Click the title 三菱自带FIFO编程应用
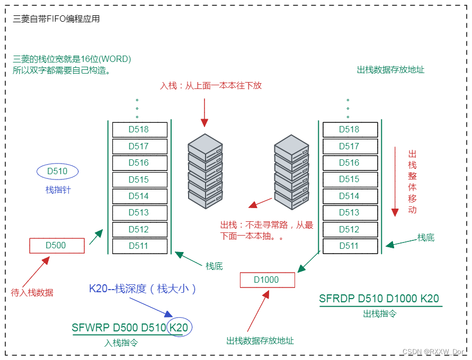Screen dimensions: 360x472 [56, 19]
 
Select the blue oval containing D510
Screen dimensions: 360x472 [57, 171]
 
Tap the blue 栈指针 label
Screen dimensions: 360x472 [58, 190]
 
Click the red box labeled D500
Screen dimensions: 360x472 [56, 245]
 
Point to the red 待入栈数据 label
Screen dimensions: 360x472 [32, 292]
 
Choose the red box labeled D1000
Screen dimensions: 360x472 [266, 280]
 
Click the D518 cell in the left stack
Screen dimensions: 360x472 [139, 129]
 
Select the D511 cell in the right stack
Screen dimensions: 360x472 [349, 246]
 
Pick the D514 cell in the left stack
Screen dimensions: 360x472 [139, 196]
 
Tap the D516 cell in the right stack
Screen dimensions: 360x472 [349, 163]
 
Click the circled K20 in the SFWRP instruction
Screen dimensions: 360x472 [179, 328]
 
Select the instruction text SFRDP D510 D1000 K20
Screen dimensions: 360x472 [379, 299]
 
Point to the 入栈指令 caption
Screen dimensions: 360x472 [121, 343]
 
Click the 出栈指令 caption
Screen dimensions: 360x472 [379, 313]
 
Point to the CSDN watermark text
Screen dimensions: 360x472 [433, 352]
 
